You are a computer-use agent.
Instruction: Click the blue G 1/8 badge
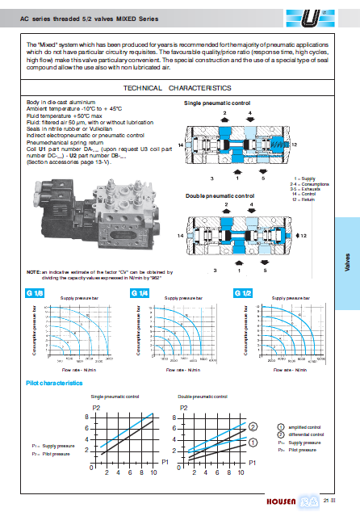pos(35,292)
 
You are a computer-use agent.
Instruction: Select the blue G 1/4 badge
pos(138,292)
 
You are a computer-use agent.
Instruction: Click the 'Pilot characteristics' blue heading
pos(54,382)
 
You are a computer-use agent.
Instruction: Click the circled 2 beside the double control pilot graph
pos(253,426)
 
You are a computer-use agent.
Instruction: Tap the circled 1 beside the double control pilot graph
pos(253,442)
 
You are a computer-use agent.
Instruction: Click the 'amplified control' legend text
pos(305,426)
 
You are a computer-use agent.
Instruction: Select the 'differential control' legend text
pos(306,434)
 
